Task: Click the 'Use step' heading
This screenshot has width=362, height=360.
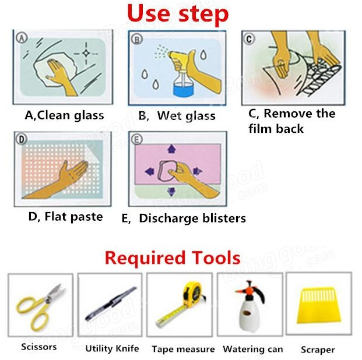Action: [x=178, y=15]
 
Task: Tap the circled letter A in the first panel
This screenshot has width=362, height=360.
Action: [x=22, y=38]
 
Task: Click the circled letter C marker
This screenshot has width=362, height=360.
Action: [x=249, y=39]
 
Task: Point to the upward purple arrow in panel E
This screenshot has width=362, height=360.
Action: [x=171, y=149]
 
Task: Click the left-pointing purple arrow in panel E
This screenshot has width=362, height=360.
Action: [x=149, y=171]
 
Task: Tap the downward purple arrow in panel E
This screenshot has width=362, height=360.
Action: [x=171, y=192]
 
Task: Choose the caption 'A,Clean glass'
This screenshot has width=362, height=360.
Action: [x=64, y=115]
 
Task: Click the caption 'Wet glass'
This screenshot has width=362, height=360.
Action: [x=186, y=116]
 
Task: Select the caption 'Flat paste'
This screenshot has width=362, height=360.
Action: [x=73, y=217]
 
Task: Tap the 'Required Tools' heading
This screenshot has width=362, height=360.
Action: [x=173, y=258]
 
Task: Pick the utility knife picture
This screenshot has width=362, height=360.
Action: [x=111, y=303]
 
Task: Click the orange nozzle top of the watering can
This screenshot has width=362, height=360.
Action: [x=249, y=287]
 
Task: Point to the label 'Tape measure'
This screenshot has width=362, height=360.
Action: [x=183, y=349]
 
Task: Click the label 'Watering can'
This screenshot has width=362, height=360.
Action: [x=253, y=349]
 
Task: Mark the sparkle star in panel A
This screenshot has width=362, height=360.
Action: [x=86, y=54]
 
